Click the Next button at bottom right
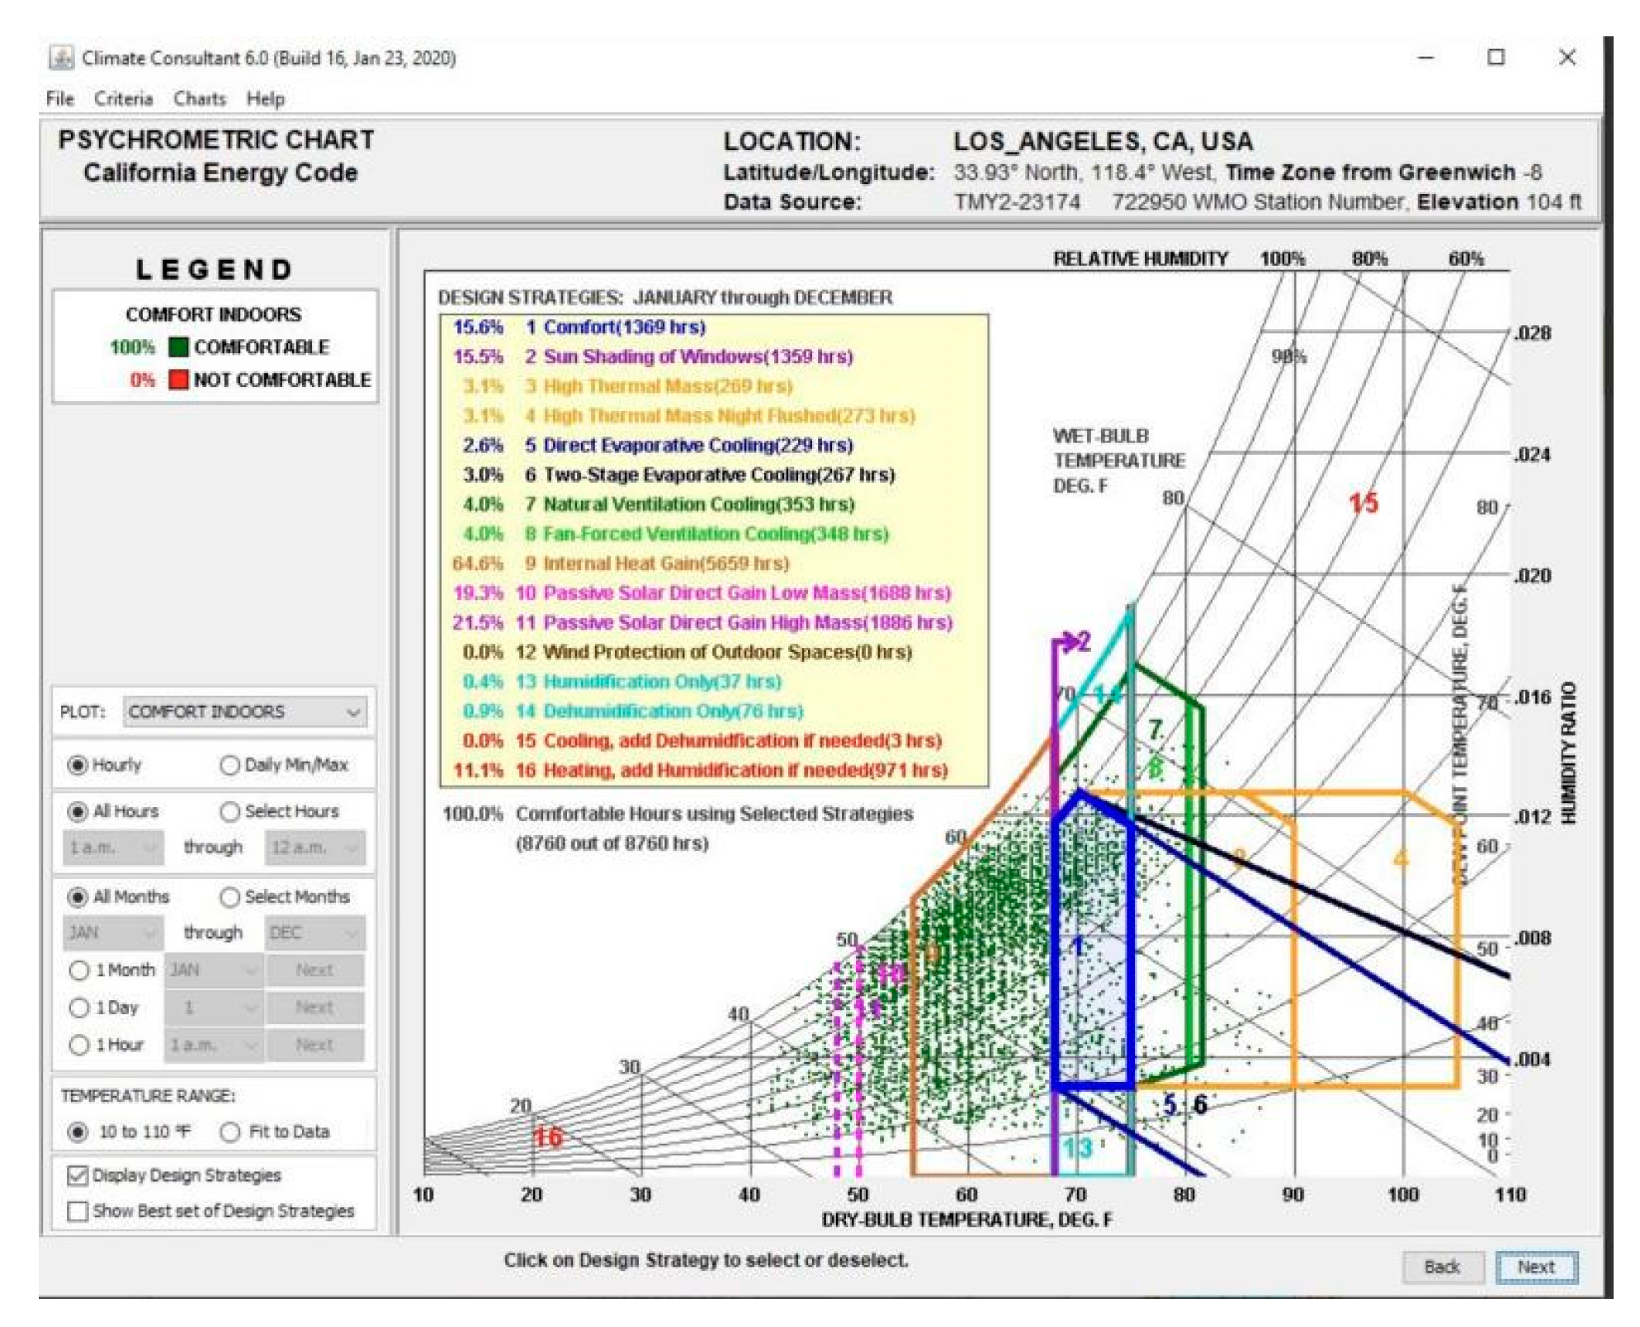(1535, 1266)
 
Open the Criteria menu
(123, 99)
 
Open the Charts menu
(200, 99)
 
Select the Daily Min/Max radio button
(229, 765)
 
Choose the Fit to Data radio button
(230, 1131)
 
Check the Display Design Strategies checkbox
(78, 1175)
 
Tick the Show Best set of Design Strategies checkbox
(78, 1211)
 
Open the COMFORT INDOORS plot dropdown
(245, 711)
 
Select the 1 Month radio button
(79, 970)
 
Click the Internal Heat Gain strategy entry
(665, 564)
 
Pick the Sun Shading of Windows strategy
(697, 357)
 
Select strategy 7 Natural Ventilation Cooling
(698, 504)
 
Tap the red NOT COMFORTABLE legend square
(178, 380)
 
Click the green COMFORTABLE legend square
(178, 347)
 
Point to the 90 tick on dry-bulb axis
(1293, 1194)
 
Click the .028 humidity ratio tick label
(1532, 333)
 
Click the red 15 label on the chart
(1363, 503)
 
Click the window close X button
(1567, 58)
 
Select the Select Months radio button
(230, 897)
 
